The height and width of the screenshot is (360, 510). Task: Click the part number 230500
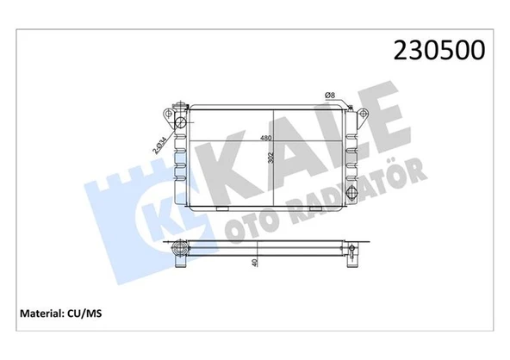pyautogui.click(x=440, y=50)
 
